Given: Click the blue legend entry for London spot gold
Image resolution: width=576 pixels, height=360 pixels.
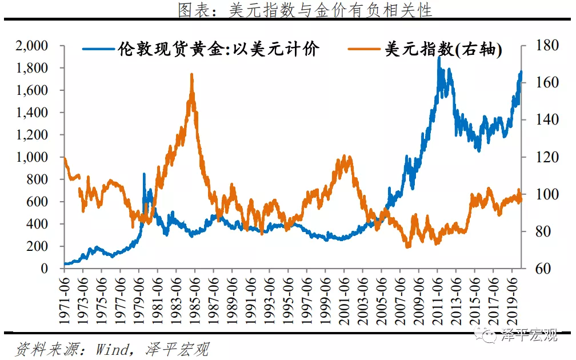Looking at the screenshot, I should [x=217, y=50].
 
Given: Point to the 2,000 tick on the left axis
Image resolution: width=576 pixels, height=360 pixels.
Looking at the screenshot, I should [x=33, y=46].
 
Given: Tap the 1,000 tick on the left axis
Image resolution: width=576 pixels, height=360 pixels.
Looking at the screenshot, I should [x=33, y=157].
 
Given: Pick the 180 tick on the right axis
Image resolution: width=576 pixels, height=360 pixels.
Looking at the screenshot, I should [x=542, y=46].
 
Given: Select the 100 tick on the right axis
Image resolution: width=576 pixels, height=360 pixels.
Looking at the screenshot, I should [x=542, y=194].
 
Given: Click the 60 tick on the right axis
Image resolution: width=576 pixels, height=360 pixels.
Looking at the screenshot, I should [x=539, y=269].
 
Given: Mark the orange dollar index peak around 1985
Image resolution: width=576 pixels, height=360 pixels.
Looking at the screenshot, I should [x=191, y=74].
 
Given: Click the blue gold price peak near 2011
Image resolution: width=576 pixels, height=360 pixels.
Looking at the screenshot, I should [x=438, y=57].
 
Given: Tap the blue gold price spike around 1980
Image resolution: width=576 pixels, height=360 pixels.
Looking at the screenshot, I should [x=143, y=174].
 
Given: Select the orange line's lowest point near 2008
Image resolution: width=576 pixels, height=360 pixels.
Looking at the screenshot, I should [x=407, y=246].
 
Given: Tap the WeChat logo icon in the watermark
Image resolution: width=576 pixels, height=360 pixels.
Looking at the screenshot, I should [x=489, y=335].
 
